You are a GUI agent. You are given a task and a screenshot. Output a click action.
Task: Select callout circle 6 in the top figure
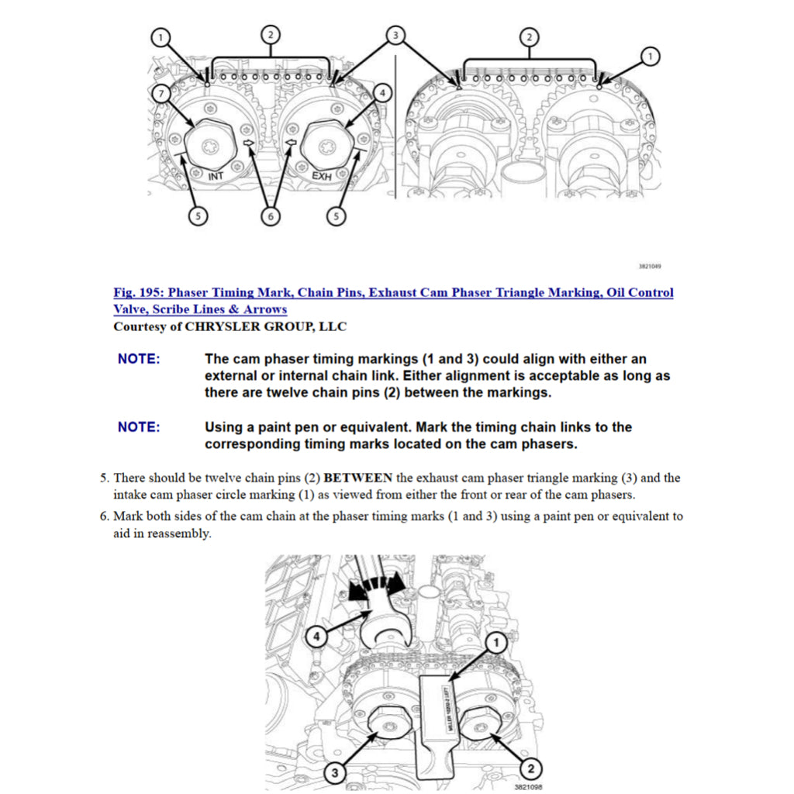click(x=270, y=217)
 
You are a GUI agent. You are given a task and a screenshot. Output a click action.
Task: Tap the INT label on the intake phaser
click(x=216, y=177)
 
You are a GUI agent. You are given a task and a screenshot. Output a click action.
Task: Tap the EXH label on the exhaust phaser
click(x=322, y=177)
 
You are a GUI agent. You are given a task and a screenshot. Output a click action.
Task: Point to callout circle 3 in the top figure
click(x=395, y=35)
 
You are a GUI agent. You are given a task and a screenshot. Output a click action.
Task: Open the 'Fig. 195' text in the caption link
click(x=139, y=292)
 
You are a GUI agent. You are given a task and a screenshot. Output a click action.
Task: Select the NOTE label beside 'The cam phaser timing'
click(x=139, y=359)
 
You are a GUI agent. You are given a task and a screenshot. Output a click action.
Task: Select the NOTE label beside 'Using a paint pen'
click(x=139, y=427)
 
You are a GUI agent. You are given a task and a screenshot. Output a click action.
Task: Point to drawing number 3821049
click(x=649, y=266)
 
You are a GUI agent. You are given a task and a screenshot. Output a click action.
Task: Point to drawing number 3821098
click(x=528, y=785)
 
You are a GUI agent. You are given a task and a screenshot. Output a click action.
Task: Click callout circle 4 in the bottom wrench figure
click(x=316, y=637)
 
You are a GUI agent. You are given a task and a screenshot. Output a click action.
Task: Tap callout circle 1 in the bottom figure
click(x=496, y=642)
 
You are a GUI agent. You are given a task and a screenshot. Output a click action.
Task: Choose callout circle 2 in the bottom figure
click(x=530, y=769)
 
